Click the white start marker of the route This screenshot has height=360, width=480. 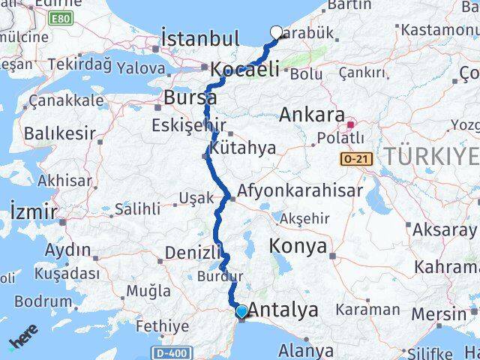pyautogui.click(x=276, y=32)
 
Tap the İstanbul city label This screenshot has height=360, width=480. pyautogui.click(x=200, y=38)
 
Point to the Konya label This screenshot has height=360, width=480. pyautogui.click(x=299, y=246)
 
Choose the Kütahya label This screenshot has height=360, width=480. pyautogui.click(x=243, y=148)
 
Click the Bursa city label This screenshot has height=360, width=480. pyautogui.click(x=190, y=97)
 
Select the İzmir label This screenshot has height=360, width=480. pyautogui.click(x=34, y=211)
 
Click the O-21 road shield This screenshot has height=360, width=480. pyautogui.click(x=355, y=159)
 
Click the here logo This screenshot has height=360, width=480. pyautogui.click(x=22, y=342)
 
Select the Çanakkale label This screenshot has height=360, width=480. pyautogui.click(x=67, y=100)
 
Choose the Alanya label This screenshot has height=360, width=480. pyautogui.click(x=306, y=349)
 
